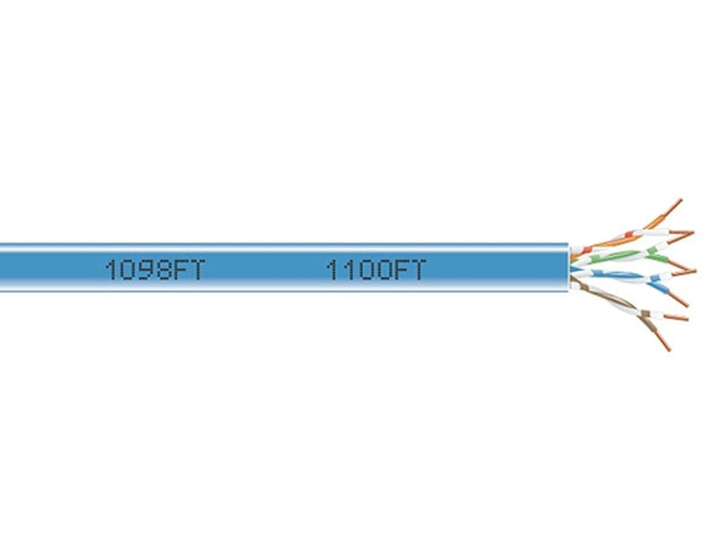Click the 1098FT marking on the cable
(x=155, y=269)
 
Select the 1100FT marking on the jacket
(x=376, y=269)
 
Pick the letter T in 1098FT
(x=196, y=269)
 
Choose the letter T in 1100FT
(x=417, y=269)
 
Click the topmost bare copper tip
(x=675, y=206)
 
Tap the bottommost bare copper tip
(x=663, y=342)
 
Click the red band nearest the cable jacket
(x=586, y=251)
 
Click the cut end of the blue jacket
(x=569, y=268)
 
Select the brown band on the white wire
(x=645, y=313)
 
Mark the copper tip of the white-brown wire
(x=676, y=317)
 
